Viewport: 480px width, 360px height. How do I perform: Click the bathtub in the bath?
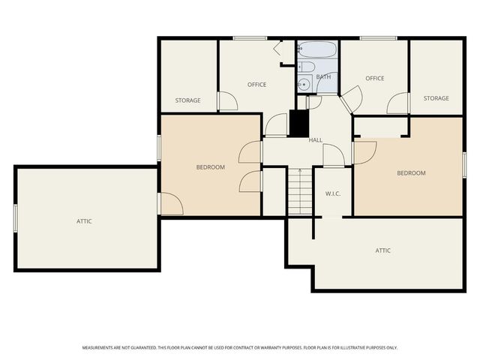(x=317, y=51)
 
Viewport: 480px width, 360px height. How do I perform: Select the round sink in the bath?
(x=304, y=84)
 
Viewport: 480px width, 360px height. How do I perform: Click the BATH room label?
(x=323, y=77)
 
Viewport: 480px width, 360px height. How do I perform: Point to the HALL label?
(x=316, y=140)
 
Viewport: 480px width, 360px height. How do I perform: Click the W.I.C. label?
(x=333, y=194)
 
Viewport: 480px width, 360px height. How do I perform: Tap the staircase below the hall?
(x=299, y=191)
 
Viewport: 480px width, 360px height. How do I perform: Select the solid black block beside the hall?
(x=298, y=122)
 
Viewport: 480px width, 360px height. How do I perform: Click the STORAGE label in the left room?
(x=187, y=100)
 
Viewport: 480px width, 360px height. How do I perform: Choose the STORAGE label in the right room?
(x=436, y=98)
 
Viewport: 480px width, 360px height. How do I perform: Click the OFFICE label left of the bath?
(x=257, y=84)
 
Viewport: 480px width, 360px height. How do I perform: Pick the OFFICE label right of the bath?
(x=374, y=78)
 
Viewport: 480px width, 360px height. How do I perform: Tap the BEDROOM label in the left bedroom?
(x=210, y=167)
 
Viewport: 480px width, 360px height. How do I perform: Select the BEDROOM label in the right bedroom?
(x=411, y=173)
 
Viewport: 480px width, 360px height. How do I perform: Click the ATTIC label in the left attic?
(x=84, y=221)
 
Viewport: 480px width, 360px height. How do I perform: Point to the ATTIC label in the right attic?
(x=382, y=250)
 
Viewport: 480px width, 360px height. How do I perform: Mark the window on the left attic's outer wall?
(x=16, y=218)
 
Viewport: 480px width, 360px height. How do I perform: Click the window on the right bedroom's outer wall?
(x=464, y=164)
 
